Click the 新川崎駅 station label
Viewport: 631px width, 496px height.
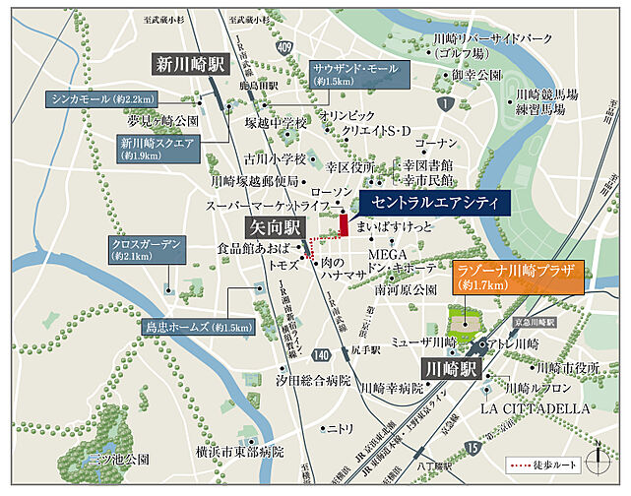tap(188, 65)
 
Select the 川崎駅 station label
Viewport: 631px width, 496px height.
tap(449, 368)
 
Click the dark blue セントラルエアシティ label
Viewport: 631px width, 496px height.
tap(430, 204)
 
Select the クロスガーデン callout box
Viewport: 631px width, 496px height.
tap(148, 249)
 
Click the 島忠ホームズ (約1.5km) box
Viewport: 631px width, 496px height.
tap(198, 326)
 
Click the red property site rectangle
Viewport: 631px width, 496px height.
tap(344, 224)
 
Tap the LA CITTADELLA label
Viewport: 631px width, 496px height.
tap(536, 406)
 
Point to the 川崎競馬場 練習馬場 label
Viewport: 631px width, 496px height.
tap(545, 101)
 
